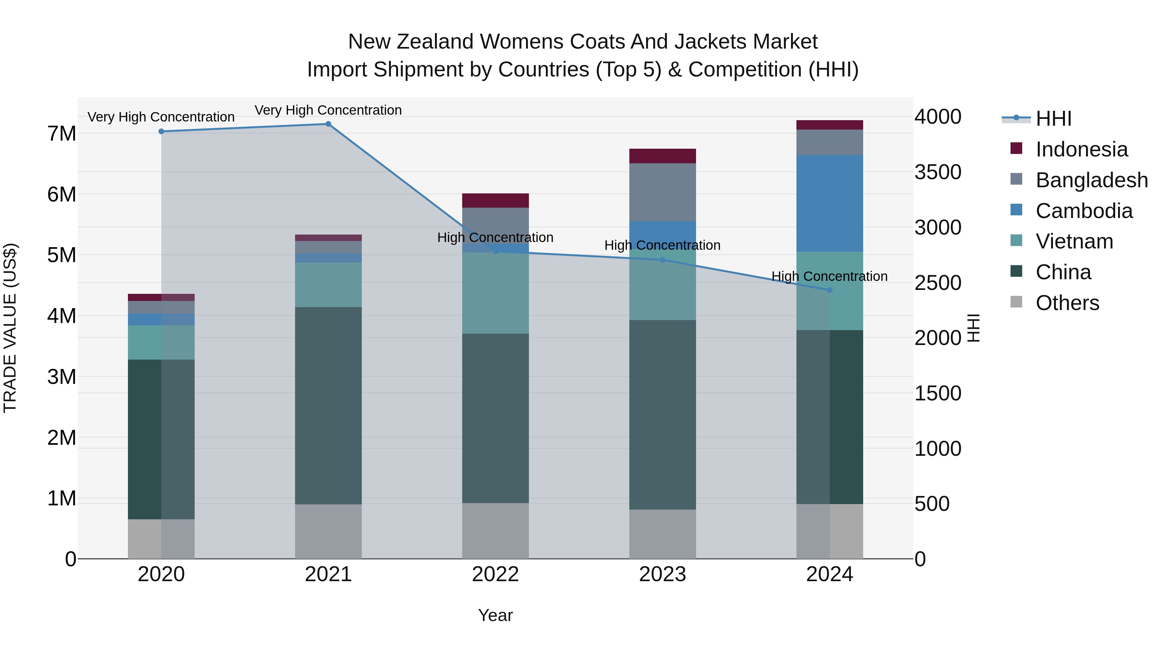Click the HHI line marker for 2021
[x=328, y=124]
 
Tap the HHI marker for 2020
[x=161, y=131]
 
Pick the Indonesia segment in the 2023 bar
[x=662, y=156]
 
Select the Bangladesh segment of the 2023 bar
[x=662, y=192]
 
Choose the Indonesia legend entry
[x=1081, y=149]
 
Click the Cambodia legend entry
[x=1084, y=211]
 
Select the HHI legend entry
[x=1053, y=119]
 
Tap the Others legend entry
[x=1067, y=303]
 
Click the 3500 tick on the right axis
[x=937, y=172]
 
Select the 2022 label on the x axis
[x=495, y=574]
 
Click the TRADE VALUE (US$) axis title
[x=10, y=328]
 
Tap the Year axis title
[x=495, y=615]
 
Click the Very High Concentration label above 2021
[x=328, y=110]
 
